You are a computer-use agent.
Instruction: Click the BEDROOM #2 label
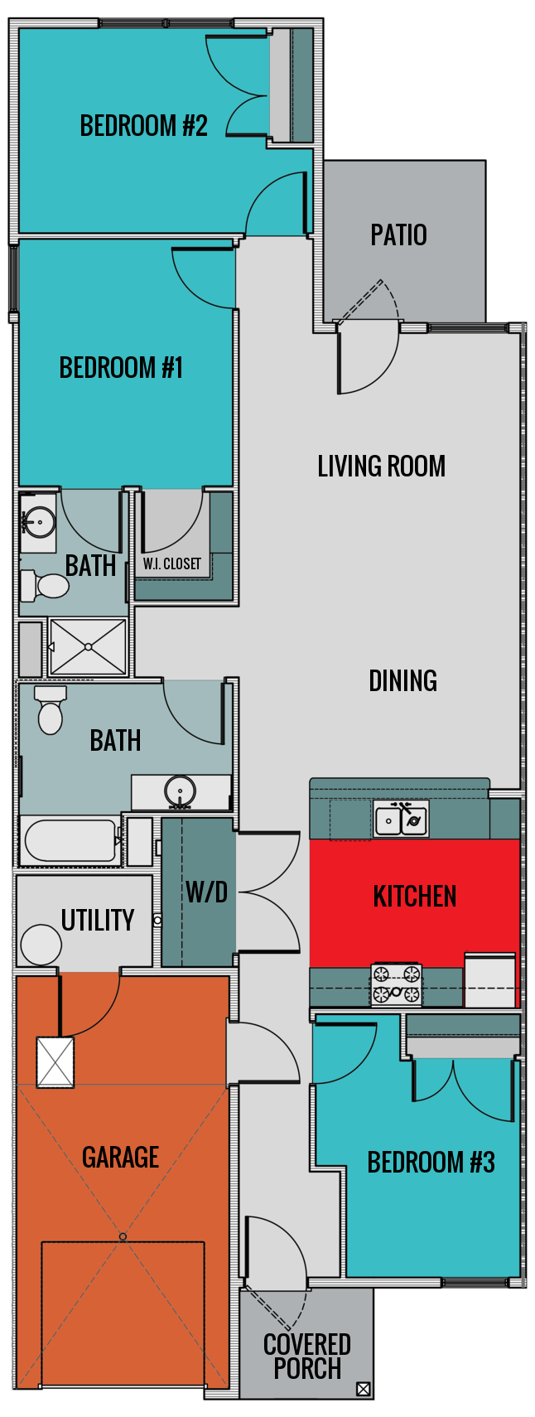143,126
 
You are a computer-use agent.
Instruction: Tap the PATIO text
398,235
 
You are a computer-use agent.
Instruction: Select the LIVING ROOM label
381,467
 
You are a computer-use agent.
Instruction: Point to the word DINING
402,681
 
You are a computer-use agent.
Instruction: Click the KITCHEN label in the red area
414,897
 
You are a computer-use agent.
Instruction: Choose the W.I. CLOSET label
171,564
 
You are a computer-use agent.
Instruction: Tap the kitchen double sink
401,820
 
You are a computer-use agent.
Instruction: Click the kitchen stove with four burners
396,985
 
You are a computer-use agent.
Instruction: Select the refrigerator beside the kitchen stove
490,980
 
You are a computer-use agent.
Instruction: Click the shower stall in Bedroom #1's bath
88,646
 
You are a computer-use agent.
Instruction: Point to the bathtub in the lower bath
70,841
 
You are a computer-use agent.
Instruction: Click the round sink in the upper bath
38,522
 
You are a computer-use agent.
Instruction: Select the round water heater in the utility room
41,945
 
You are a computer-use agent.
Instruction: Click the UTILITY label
97,921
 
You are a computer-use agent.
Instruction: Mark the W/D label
206,892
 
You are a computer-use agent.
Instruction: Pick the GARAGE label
120,1157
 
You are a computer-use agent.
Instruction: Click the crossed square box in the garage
55,1062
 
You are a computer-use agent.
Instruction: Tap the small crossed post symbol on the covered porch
363,1390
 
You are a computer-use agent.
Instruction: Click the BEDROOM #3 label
431,1163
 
